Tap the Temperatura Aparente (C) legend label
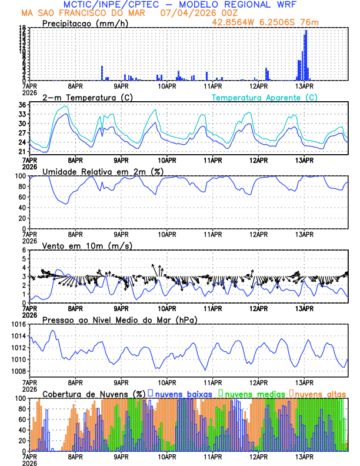265,97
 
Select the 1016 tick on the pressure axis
18,324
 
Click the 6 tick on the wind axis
24,250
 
